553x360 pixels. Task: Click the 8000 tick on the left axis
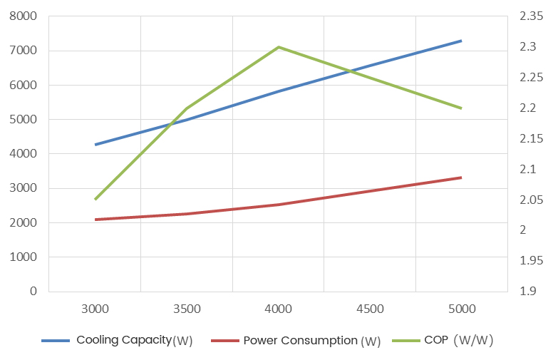click(x=24, y=16)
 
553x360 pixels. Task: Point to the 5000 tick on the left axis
click(x=24, y=119)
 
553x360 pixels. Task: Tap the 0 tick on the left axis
click(x=32, y=291)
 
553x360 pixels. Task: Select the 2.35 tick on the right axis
click(x=532, y=16)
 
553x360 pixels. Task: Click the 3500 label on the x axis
click(x=187, y=309)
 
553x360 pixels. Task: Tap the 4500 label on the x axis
click(x=370, y=309)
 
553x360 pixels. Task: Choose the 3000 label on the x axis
click(x=95, y=309)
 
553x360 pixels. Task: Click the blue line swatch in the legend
click(x=56, y=341)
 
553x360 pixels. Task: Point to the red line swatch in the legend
click(x=224, y=341)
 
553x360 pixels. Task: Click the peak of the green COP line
click(x=278, y=47)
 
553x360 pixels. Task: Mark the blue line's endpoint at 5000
click(x=462, y=41)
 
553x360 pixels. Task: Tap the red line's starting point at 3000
click(x=95, y=220)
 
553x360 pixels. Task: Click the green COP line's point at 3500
click(x=187, y=108)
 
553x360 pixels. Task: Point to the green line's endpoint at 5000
click(x=462, y=108)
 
